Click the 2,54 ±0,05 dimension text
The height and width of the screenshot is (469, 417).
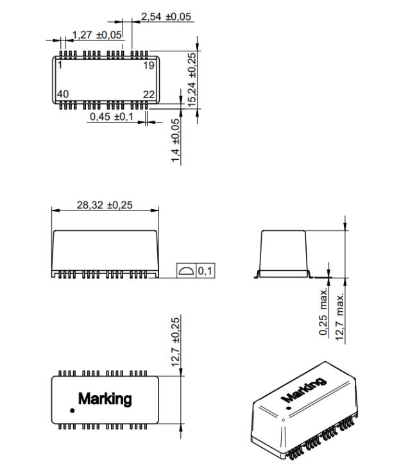(166, 17)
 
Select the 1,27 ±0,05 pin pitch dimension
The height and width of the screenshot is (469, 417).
(97, 35)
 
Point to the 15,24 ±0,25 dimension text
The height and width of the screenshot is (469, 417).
(192, 80)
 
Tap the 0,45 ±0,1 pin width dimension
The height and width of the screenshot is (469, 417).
(112, 117)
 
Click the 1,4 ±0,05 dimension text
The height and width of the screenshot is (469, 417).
(175, 141)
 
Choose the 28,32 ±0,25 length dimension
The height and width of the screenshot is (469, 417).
(105, 205)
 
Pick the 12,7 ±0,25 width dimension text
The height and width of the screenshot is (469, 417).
(176, 342)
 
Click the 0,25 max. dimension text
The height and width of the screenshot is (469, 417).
(323, 312)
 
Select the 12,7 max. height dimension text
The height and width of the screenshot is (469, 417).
(339, 316)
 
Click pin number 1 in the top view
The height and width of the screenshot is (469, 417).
(60, 65)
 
